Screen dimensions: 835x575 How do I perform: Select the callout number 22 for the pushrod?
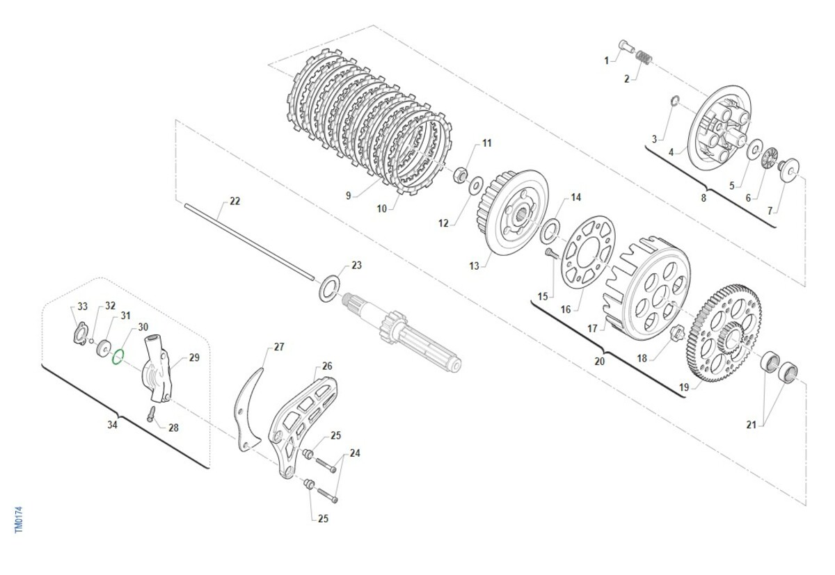point(234,201)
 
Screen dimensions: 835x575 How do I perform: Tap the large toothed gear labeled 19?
point(724,332)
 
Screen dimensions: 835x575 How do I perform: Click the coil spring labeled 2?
point(644,57)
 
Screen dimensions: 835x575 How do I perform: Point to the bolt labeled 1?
point(627,47)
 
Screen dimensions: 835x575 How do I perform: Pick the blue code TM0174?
point(19,519)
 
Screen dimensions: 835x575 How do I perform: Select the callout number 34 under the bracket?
point(112,425)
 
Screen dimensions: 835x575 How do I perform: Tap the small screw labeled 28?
point(152,414)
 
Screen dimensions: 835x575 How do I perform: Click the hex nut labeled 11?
point(460,175)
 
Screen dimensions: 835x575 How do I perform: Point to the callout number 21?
point(751,425)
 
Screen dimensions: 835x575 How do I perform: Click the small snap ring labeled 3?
point(674,100)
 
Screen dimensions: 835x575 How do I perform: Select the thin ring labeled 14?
point(550,232)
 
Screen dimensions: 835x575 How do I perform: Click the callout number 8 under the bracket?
point(703,198)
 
